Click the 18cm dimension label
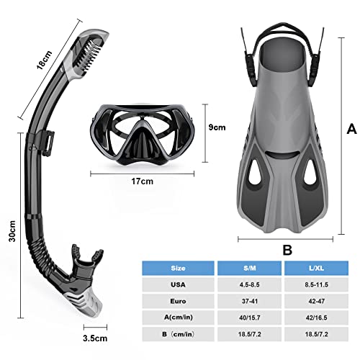coord(45,60)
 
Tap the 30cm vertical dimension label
coord(12,231)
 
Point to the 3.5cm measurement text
coord(95,338)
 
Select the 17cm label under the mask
coord(142,181)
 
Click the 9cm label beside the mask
coord(217,127)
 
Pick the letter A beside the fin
coord(351,129)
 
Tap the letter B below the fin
coord(287,250)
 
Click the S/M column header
coord(249,268)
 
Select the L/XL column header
coord(316,268)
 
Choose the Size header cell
coord(178,268)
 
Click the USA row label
coord(178,284)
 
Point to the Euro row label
coord(178,301)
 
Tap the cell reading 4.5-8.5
coord(249,284)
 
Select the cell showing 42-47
coord(316,301)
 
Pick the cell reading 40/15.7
coord(249,318)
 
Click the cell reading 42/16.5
coord(316,318)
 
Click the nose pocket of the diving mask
coord(142,143)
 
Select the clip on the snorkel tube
coord(47,142)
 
